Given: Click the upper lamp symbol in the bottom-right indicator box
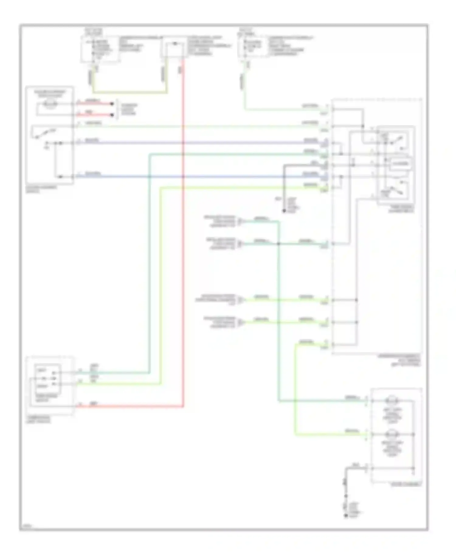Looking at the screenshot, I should click(x=392, y=400).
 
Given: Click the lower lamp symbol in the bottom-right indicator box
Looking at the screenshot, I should click(x=392, y=434).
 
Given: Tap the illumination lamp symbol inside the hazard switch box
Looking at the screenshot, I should click(x=50, y=104).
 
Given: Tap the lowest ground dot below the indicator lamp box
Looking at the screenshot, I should click(x=346, y=516).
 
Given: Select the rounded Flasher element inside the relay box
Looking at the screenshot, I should click(x=401, y=164).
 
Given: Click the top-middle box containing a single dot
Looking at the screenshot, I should click(x=174, y=47).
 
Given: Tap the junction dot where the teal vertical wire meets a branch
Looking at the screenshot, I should click(x=278, y=244).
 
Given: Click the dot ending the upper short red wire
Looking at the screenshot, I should click(x=112, y=104).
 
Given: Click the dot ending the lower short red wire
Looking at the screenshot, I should click(x=112, y=115).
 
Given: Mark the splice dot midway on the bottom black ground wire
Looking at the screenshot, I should click(x=346, y=496).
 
